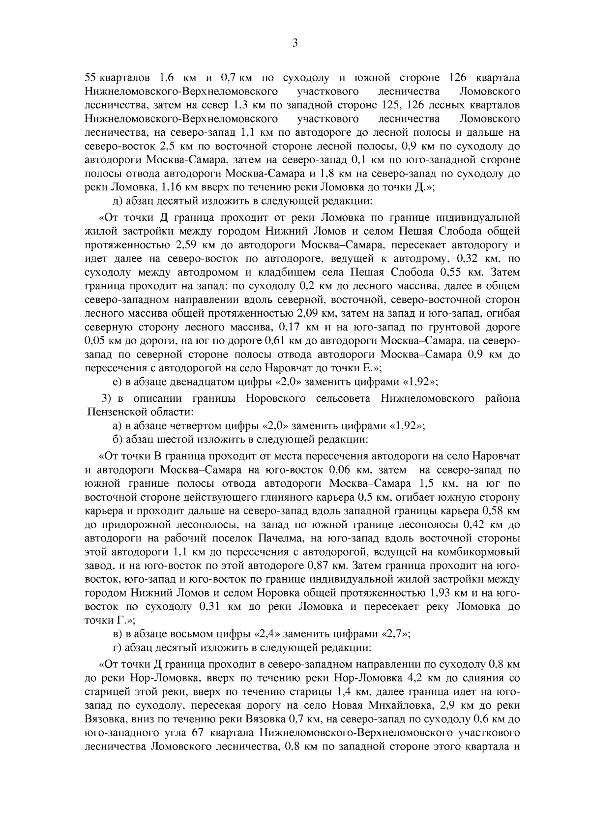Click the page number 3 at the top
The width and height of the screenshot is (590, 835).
(295, 43)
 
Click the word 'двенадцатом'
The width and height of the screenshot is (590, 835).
(189, 382)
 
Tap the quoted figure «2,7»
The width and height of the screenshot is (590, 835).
(395, 634)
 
